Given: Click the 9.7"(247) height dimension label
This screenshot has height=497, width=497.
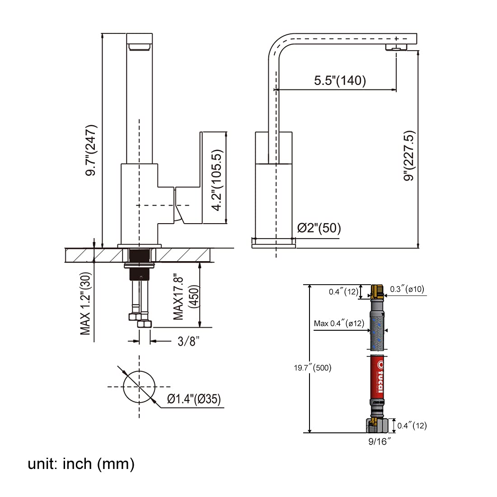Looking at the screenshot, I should coord(91,150).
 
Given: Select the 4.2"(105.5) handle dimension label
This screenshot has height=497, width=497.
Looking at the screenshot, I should coord(218,180).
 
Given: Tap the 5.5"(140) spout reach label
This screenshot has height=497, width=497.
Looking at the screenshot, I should coord(340,80).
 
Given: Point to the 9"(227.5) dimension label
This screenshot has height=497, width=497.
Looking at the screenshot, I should coord(409,156).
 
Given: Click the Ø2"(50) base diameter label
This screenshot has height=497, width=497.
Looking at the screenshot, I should coord(319,228).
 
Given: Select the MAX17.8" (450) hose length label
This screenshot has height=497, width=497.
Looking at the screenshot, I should coord(185,296).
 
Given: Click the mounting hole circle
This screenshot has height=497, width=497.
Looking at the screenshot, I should coord(139,386).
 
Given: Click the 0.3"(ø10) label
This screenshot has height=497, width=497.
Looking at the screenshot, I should coord(407,289).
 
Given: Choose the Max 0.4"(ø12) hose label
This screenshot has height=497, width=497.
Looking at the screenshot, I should coord(339,323).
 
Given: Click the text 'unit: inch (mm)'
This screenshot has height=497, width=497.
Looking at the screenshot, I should coord(81,464).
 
